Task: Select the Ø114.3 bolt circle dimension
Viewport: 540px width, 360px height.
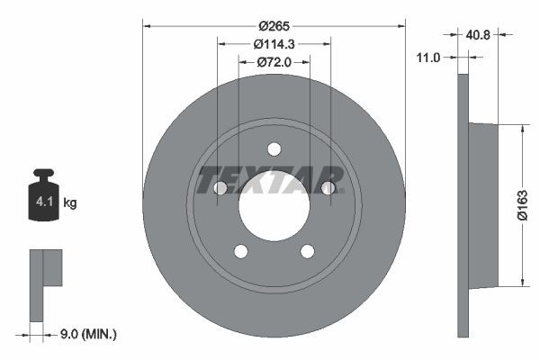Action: pyautogui.click(x=274, y=44)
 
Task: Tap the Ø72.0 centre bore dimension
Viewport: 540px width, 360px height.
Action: pyautogui.click(x=274, y=62)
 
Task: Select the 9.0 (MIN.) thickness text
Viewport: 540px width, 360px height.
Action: pyautogui.click(x=86, y=333)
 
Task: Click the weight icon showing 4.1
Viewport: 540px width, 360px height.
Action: pyautogui.click(x=42, y=198)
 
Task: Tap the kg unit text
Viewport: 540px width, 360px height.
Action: pyautogui.click(x=70, y=203)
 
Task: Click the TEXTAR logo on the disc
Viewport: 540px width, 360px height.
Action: pyautogui.click(x=270, y=180)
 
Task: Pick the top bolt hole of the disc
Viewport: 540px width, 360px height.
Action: pyautogui.click(x=274, y=149)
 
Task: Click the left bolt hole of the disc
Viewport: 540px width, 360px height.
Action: pyautogui.click(x=220, y=188)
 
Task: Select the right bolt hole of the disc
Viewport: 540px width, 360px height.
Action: pyautogui.click(x=328, y=188)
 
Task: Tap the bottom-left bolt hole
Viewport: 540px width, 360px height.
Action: pyautogui.click(x=240, y=251)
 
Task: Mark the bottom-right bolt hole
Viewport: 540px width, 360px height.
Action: pyautogui.click(x=307, y=251)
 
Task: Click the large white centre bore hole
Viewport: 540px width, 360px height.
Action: pyautogui.click(x=274, y=205)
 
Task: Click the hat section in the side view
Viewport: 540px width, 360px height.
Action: pyautogui.click(x=483, y=205)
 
